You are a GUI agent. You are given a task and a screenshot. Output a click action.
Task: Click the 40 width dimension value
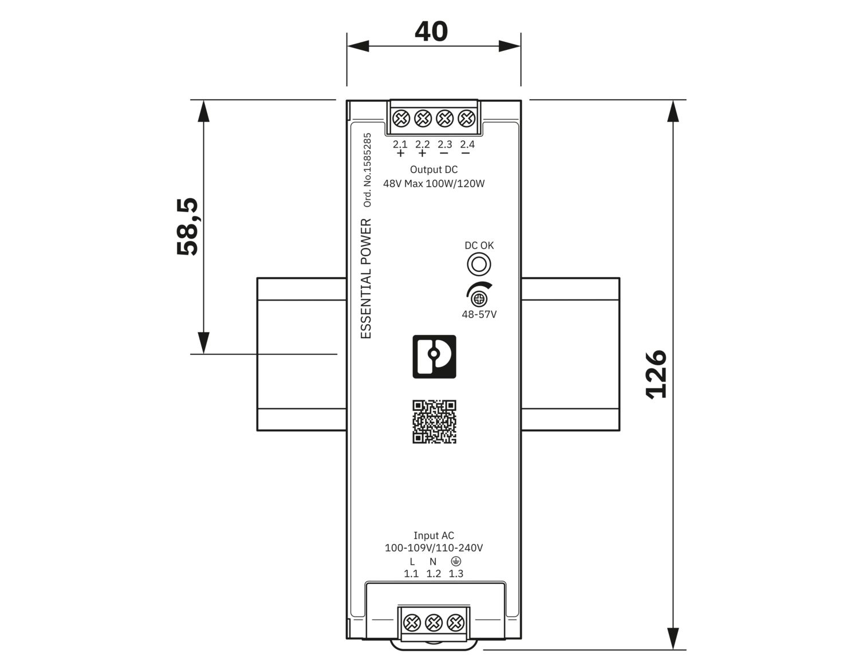pos(431,31)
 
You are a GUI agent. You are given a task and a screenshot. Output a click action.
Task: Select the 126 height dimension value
pos(656,374)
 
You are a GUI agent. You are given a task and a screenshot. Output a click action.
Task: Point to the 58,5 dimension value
pos(187,226)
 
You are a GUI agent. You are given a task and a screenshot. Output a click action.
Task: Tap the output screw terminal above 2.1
pos(401,118)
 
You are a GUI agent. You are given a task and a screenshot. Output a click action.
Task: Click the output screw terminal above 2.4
pos(467,118)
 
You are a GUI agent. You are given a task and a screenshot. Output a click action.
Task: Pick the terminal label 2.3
pos(445,145)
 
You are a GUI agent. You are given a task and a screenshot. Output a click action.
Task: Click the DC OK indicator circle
pos(479,265)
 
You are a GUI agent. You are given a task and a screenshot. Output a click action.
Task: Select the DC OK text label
pos(479,246)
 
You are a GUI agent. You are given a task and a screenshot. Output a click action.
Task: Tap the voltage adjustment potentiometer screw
pos(479,299)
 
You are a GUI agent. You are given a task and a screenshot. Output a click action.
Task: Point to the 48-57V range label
pos(479,314)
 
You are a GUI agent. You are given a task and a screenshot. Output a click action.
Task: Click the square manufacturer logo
pos(434,357)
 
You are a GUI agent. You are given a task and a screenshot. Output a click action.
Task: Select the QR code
pos(434,421)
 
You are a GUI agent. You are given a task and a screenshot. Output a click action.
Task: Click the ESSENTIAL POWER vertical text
pos(367,279)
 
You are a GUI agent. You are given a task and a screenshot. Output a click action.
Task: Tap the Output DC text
pos(434,169)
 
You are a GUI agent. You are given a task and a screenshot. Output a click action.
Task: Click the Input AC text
pos(434,535)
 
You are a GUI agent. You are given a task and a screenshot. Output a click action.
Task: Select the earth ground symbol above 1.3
pos(456,561)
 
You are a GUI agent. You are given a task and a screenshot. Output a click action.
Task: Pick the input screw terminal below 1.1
pos(412,622)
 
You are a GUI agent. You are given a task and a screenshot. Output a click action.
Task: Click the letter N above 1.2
pos(433,562)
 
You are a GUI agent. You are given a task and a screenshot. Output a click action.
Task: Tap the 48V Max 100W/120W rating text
pos(434,184)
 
